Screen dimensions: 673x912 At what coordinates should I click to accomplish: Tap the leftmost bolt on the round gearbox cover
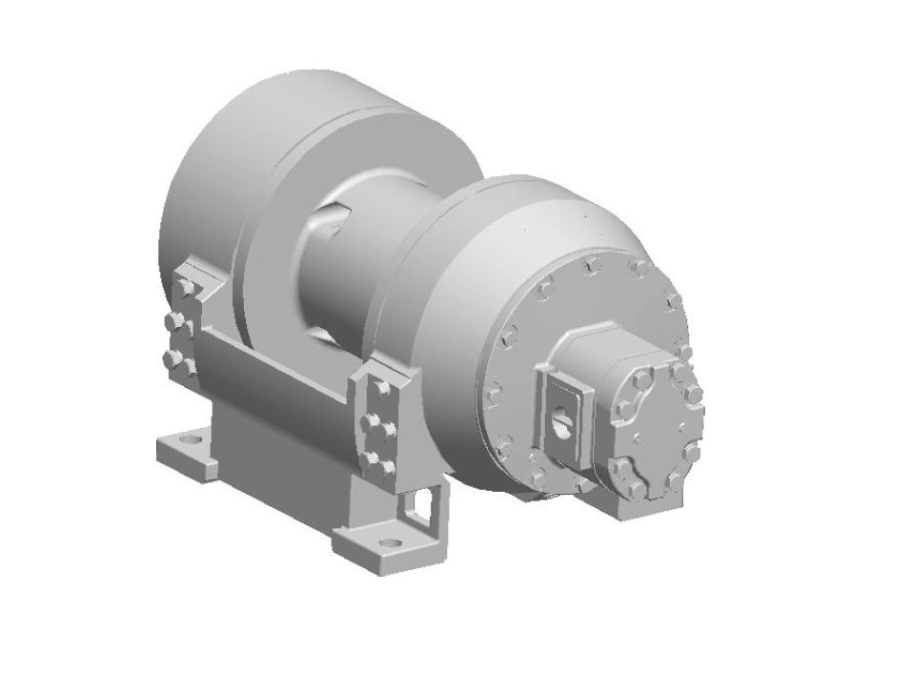coord(493,392)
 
